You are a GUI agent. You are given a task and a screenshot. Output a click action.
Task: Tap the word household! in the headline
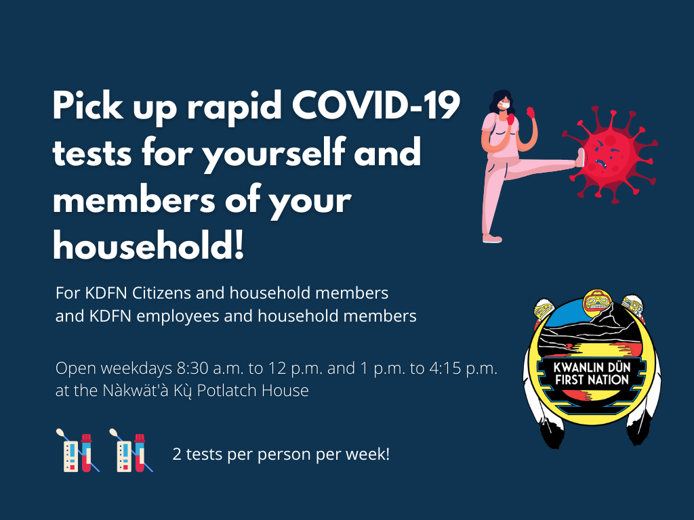[148, 244]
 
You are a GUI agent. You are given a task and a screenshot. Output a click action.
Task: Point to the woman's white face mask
[504, 105]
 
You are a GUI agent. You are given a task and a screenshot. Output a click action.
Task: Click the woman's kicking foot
[580, 158]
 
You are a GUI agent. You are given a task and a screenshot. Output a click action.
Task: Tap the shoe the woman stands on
[492, 239]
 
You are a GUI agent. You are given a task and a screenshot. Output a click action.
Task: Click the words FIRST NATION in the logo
[592, 380]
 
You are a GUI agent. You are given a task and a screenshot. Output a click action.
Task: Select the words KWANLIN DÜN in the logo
[592, 367]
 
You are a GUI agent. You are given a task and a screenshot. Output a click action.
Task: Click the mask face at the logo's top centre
[596, 303]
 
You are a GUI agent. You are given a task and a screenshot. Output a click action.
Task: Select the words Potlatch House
[253, 391]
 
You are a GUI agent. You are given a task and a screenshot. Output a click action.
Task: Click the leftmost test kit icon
[78, 450]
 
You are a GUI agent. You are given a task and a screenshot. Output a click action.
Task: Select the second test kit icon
[131, 450]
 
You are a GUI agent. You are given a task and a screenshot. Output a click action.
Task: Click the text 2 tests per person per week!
[281, 454]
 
